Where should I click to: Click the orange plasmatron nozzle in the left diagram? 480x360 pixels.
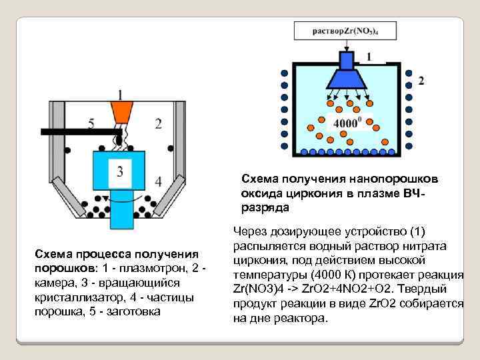click(121, 112)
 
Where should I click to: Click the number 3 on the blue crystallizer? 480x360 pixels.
click(120, 171)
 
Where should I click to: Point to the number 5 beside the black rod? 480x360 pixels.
click(91, 123)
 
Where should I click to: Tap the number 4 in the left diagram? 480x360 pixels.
click(158, 181)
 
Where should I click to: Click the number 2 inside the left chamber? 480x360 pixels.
click(158, 123)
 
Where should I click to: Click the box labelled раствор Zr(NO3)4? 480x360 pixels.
click(345, 31)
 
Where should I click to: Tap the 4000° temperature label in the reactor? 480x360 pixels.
click(347, 123)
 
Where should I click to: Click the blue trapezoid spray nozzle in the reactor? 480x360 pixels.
click(346, 79)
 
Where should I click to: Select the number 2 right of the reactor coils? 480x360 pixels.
click(421, 81)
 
